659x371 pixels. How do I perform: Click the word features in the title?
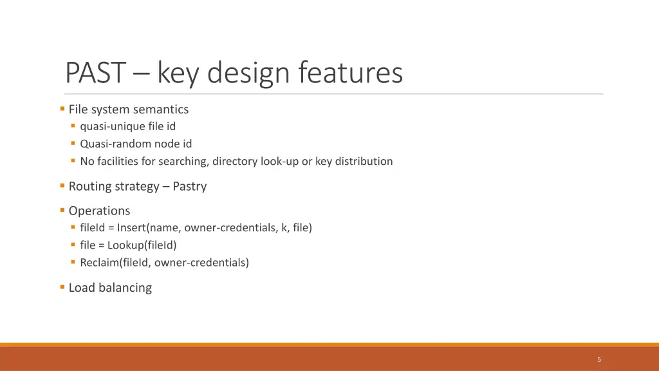(x=350, y=73)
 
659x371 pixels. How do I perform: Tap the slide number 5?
(x=599, y=359)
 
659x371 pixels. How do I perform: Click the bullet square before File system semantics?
(x=62, y=109)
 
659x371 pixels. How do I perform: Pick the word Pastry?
(x=189, y=186)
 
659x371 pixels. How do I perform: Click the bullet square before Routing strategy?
(x=62, y=185)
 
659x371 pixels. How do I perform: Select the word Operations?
(x=99, y=211)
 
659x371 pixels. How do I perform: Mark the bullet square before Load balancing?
(x=62, y=287)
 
